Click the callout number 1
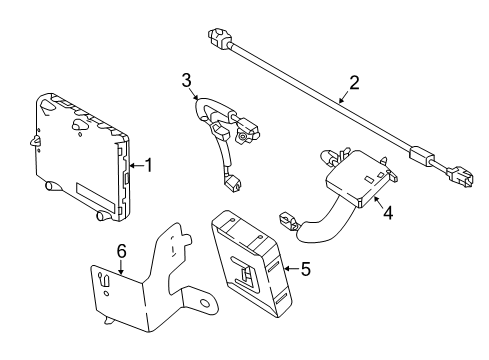(x=149, y=166)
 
